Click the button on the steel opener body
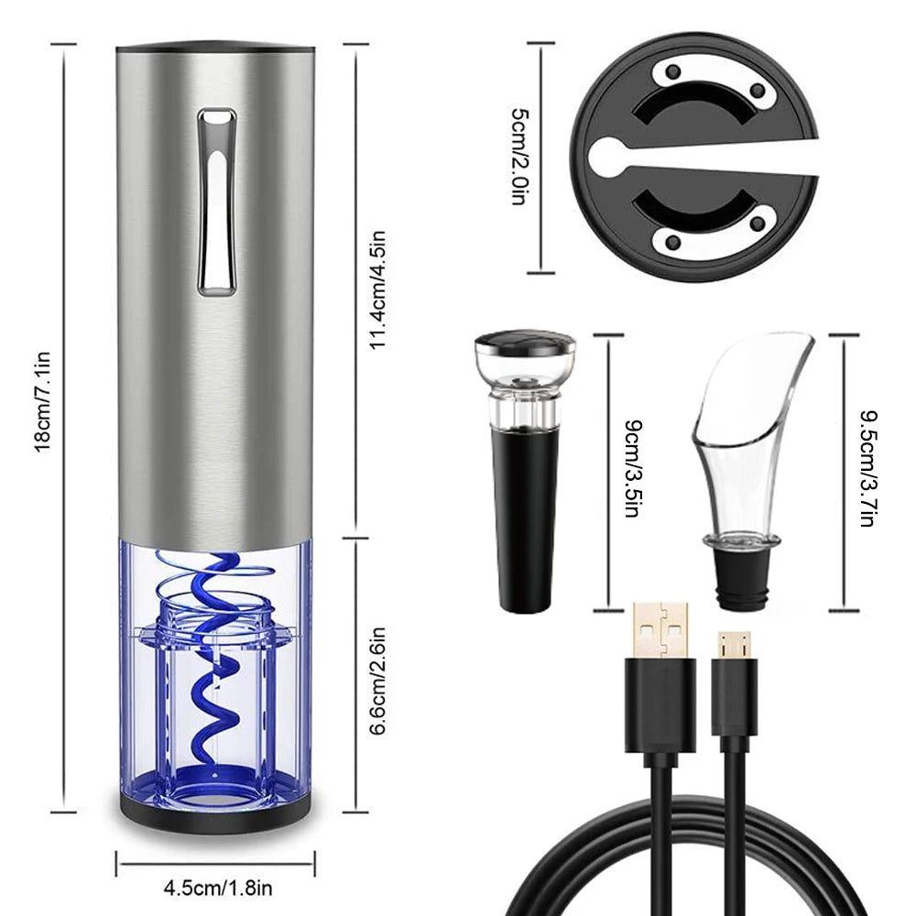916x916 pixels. click(x=217, y=202)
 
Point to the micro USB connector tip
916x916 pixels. click(x=734, y=645)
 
